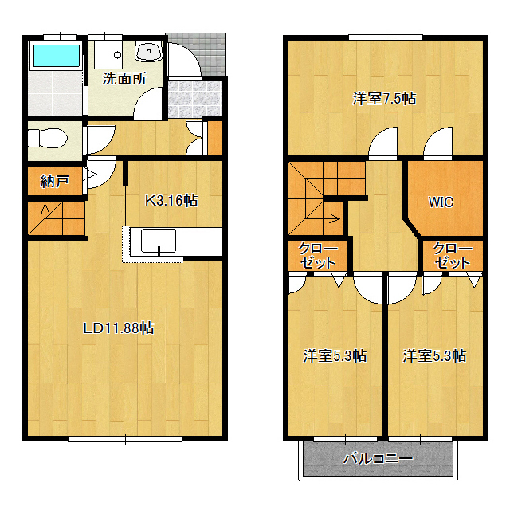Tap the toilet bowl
48,138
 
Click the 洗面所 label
125,78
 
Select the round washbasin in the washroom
149,51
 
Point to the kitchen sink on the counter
159,241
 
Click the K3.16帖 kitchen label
171,200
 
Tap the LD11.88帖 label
119,328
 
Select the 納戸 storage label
54,181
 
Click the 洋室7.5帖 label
384,99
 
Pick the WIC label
441,202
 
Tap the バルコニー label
378,459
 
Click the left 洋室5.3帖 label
335,356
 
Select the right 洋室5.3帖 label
434,356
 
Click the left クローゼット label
318,256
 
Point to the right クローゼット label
453,256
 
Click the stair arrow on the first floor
45,210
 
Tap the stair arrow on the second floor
334,218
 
